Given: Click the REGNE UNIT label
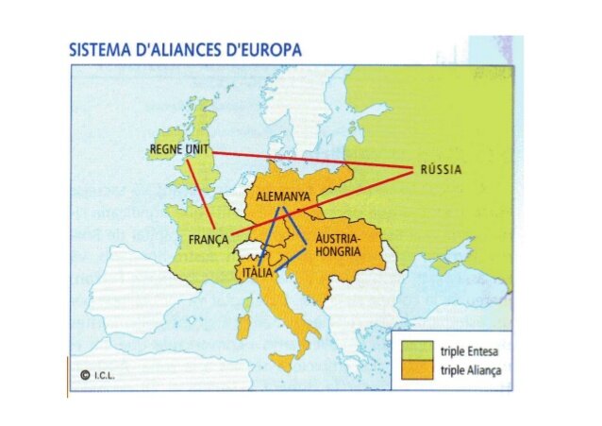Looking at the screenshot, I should (x=178, y=150).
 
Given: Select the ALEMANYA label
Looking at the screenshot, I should (x=283, y=197).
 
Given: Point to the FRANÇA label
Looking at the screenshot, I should (x=209, y=240).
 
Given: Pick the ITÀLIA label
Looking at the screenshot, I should (x=258, y=273).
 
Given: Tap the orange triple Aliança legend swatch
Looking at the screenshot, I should (x=414, y=371).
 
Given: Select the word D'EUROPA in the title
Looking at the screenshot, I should (x=263, y=50).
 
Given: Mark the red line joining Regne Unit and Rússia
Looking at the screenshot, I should (x=311, y=161).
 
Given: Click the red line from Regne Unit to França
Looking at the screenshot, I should (x=200, y=194).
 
